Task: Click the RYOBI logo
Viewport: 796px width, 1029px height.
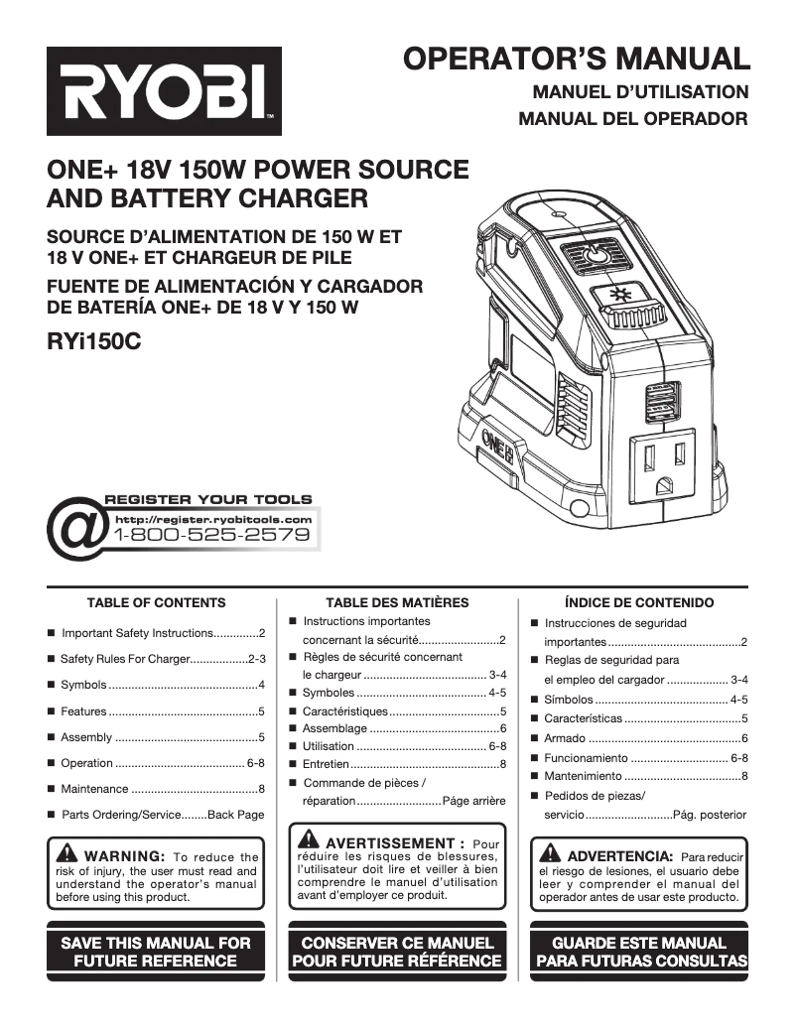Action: (164, 91)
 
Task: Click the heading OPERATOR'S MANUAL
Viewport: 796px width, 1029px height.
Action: (577, 59)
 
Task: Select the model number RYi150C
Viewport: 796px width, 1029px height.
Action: (94, 342)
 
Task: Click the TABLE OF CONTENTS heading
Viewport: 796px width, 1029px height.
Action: (157, 602)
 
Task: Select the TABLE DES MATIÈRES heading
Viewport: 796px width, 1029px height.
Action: (397, 602)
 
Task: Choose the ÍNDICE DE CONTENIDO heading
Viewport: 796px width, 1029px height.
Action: (638, 602)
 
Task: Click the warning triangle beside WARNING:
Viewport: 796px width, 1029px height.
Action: (67, 854)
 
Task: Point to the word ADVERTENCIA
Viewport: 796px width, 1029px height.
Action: (619, 854)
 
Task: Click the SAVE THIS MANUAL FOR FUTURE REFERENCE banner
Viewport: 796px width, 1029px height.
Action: (157, 951)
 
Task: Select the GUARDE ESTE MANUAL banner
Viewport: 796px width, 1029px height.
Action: (639, 951)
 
